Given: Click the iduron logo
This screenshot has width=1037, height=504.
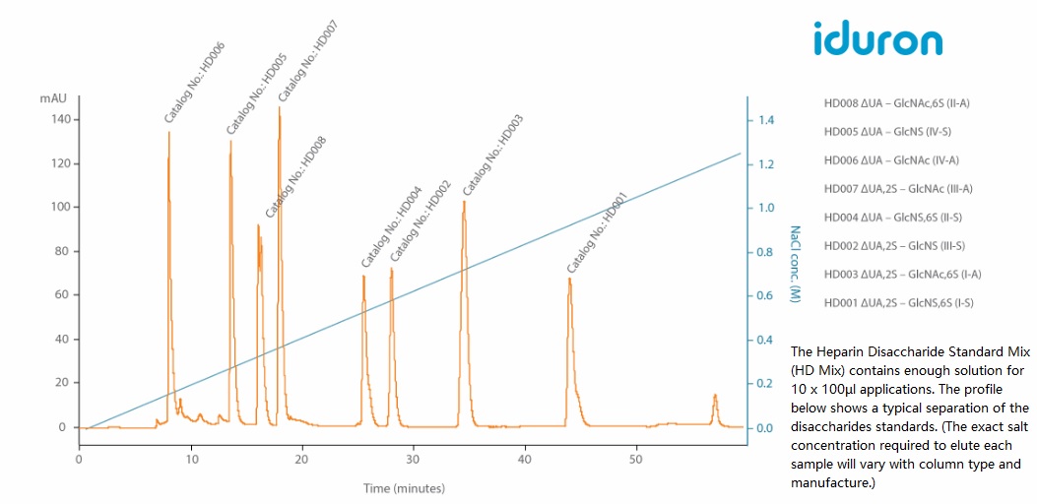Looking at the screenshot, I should click(x=877, y=38).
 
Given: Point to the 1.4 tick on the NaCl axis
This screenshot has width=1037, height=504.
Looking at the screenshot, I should click(x=765, y=120).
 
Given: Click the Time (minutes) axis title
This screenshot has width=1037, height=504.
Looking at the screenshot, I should click(x=404, y=488).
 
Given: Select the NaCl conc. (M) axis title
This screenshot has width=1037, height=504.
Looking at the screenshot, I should click(x=795, y=264).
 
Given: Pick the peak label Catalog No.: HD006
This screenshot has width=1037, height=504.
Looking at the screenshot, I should click(x=195, y=86).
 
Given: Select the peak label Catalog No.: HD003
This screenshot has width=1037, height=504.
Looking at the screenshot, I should click(x=493, y=156).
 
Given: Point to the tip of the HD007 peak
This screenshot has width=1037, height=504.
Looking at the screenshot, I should click(x=279, y=107).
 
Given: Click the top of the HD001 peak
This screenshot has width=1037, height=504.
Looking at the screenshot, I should click(x=569, y=279).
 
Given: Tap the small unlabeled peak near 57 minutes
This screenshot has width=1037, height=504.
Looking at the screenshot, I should click(x=715, y=396).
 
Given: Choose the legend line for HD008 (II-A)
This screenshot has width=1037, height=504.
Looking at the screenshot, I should click(x=897, y=103).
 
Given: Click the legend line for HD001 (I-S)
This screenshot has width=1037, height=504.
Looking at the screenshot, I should click(x=898, y=303).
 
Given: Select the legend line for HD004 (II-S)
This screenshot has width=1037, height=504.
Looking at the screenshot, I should click(x=892, y=218).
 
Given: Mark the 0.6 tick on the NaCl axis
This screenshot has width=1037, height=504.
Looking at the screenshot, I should click(x=765, y=296).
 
